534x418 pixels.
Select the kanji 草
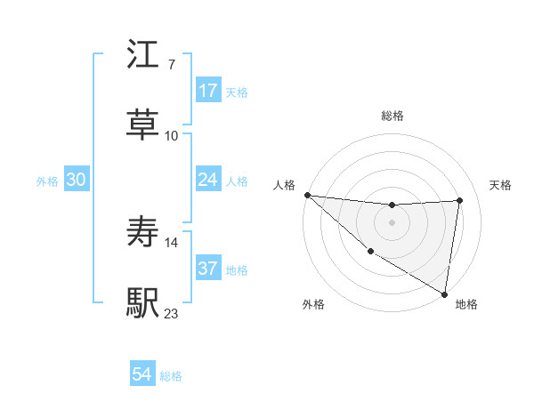(x=143, y=124)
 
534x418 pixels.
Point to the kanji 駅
(x=143, y=301)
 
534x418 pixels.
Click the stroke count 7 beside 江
(x=171, y=65)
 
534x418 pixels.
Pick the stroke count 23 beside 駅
(x=172, y=313)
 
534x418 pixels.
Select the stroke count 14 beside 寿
(x=172, y=241)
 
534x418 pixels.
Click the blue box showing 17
(x=208, y=90)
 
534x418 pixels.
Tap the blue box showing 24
(x=208, y=180)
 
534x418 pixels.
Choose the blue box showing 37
(x=208, y=269)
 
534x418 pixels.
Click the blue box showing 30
(x=77, y=180)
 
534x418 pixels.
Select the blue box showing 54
(x=142, y=374)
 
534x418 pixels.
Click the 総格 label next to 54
(x=171, y=376)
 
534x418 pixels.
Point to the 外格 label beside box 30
(x=47, y=181)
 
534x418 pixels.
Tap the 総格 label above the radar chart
(x=392, y=116)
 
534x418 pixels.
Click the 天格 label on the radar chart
(x=501, y=185)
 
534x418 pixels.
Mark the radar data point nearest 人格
(x=307, y=195)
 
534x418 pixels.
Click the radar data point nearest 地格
(x=443, y=293)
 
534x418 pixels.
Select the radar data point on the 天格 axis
(x=459, y=200)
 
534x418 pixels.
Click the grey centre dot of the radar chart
(x=392, y=222)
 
